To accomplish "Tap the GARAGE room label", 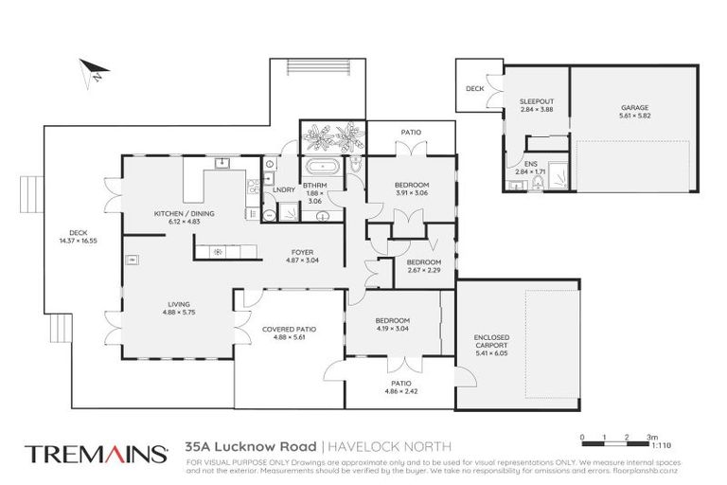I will click(x=635, y=108).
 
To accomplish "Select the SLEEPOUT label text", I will click(x=535, y=100).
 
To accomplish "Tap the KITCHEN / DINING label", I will click(x=184, y=214).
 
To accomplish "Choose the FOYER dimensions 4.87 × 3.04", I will click(x=303, y=260).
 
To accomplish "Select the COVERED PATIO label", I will click(x=289, y=329).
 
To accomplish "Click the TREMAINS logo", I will click(x=96, y=452).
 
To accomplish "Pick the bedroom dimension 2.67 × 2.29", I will click(x=423, y=270).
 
